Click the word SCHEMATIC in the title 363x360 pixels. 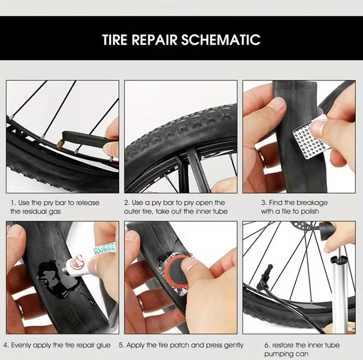(x=220, y=40)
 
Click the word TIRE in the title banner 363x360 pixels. (x=114, y=40)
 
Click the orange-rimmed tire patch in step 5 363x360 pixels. (x=176, y=270)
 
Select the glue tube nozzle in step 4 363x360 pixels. (x=66, y=270)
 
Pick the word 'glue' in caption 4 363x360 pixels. (x=104, y=345)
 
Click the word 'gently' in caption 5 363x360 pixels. (x=234, y=345)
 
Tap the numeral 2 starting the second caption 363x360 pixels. (x=126, y=203)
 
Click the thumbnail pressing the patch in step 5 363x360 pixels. (x=189, y=264)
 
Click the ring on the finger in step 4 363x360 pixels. (x=20, y=309)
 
